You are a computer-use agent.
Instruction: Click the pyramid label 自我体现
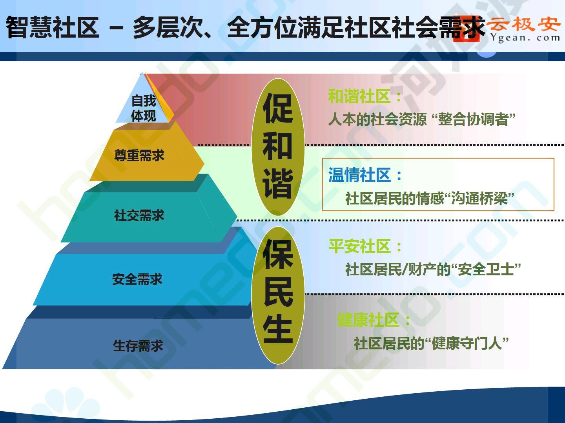point(144,108)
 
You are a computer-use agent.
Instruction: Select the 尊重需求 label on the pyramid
point(139,155)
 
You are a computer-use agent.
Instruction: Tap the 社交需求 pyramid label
point(139,215)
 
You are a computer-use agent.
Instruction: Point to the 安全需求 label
point(137,279)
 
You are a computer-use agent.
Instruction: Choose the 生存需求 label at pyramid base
point(138,345)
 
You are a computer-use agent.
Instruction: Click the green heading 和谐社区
point(359,96)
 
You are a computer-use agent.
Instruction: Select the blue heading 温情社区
point(359,175)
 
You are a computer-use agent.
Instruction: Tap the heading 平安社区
point(359,246)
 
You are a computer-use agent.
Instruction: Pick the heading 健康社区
point(368,320)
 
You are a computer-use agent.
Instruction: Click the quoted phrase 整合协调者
point(473,119)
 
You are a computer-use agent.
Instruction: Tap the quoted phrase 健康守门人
point(467,343)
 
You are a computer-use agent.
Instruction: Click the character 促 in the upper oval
point(277,108)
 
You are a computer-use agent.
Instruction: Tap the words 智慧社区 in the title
point(53,27)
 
